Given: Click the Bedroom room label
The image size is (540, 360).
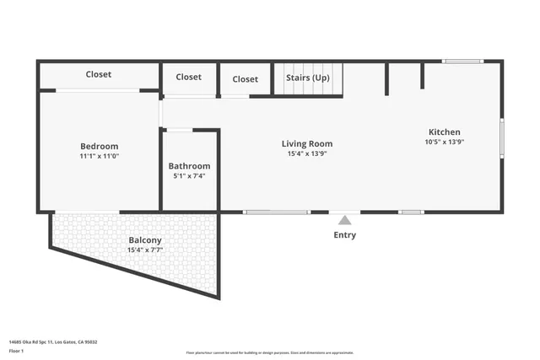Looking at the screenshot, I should pyautogui.click(x=99, y=146).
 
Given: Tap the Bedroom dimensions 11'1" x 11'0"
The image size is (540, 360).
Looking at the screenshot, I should pyautogui.click(x=99, y=156).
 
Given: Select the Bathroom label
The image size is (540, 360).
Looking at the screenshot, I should pyautogui.click(x=189, y=166).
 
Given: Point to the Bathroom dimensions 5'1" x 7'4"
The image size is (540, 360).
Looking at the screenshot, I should pyautogui.click(x=189, y=176).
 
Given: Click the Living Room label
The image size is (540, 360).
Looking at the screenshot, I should pyautogui.click(x=307, y=143).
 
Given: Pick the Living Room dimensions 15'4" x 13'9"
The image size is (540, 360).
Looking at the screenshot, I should pyautogui.click(x=307, y=153).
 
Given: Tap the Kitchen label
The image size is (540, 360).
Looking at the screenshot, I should pyautogui.click(x=445, y=132).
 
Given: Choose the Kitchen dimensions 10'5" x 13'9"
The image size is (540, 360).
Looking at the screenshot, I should pyautogui.click(x=445, y=142).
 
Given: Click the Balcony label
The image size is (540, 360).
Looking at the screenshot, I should pyautogui.click(x=144, y=239).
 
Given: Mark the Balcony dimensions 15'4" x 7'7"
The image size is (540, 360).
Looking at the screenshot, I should pyautogui.click(x=144, y=250).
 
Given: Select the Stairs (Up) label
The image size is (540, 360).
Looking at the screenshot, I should pyautogui.click(x=307, y=78).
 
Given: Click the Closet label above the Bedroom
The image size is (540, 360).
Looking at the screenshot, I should pyautogui.click(x=99, y=74).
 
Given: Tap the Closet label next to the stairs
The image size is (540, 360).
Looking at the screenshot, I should pyautogui.click(x=245, y=79).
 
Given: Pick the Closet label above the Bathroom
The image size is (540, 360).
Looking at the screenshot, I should pyautogui.click(x=188, y=77).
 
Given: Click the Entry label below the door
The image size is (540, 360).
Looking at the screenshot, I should pyautogui.click(x=344, y=235).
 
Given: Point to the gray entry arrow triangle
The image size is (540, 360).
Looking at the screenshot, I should pyautogui.click(x=344, y=220).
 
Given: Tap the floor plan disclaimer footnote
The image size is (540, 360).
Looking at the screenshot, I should pyautogui.click(x=270, y=352).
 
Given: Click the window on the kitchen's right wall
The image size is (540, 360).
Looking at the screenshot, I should pyautogui.click(x=501, y=138).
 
